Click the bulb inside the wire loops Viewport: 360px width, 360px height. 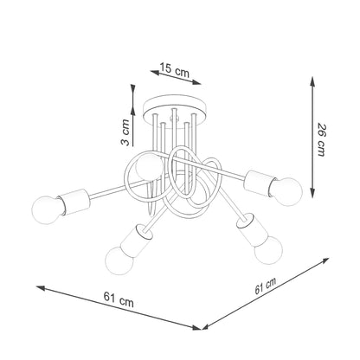pos(147,166)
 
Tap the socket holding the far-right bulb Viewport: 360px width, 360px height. pos(259,180)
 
